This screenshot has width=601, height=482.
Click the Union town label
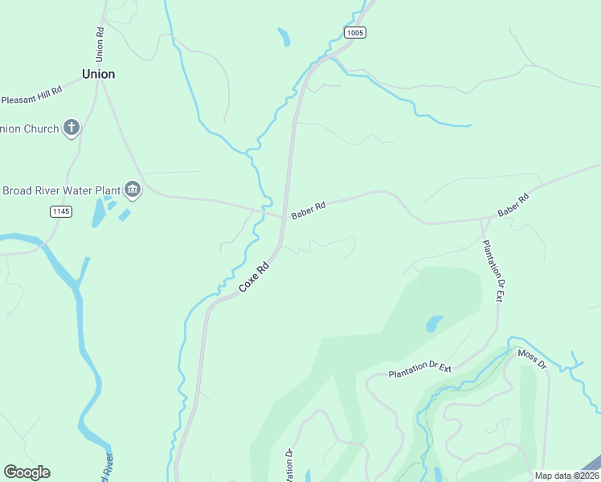tap(98, 74)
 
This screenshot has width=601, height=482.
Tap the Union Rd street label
tap(100, 45)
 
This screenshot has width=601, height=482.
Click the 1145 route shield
tap(60, 211)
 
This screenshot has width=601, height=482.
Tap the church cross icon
tap(72, 127)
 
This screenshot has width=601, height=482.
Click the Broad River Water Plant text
tap(61, 190)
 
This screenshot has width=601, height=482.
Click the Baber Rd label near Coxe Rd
tap(309, 209)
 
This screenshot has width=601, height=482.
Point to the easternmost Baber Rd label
tap(513, 206)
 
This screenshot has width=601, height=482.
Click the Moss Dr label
tap(531, 359)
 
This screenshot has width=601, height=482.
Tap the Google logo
tap(27, 472)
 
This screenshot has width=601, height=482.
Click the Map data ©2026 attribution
tap(566, 476)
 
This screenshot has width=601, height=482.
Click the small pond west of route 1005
tap(283, 37)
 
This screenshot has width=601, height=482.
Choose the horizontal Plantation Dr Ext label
tap(420, 371)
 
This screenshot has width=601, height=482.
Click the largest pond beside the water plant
tap(98, 213)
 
